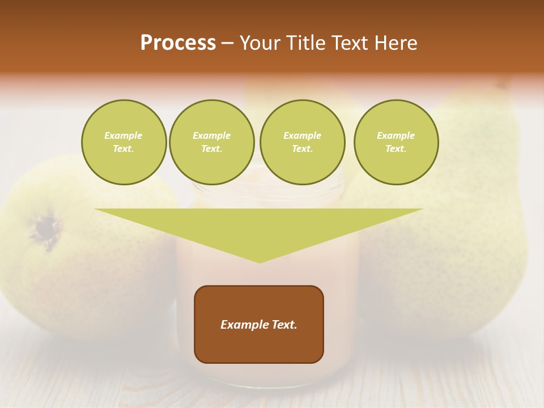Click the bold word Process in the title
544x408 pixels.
[178, 43]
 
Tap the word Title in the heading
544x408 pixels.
[303, 43]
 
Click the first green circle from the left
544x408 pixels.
[124, 142]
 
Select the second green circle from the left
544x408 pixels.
[211, 142]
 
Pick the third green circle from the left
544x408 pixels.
[302, 142]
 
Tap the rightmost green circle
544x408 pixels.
[396, 142]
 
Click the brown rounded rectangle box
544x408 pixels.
[259, 346]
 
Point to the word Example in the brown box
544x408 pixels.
[243, 325]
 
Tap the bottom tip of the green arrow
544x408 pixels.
[260, 262]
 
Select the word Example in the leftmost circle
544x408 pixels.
[124, 135]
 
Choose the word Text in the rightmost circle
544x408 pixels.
[396, 149]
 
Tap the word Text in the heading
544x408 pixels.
[350, 43]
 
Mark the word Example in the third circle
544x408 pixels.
[302, 135]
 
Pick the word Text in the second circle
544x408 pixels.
[211, 149]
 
